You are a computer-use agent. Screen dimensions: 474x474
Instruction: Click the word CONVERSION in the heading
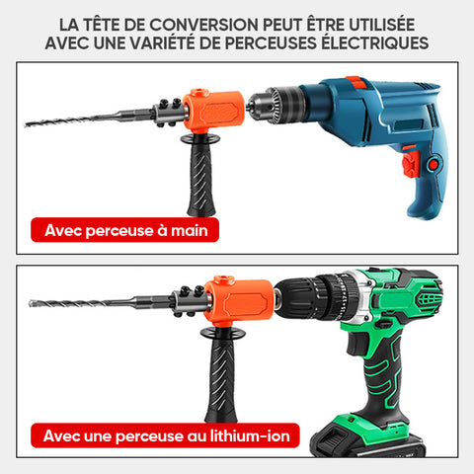pyautogui.click(x=203, y=25)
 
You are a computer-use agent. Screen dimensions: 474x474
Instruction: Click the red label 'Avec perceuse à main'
pyautogui.click(x=124, y=230)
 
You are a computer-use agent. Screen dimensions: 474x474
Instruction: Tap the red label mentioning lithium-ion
pyautogui.click(x=165, y=435)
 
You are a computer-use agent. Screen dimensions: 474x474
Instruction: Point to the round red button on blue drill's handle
pyautogui.click(x=434, y=164)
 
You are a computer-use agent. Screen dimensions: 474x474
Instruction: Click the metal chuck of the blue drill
pyautogui.click(x=276, y=105)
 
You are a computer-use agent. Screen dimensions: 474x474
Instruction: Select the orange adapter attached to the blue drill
pyautogui.click(x=213, y=111)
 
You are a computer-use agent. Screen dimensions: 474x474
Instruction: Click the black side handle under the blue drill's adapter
pyautogui.click(x=200, y=175)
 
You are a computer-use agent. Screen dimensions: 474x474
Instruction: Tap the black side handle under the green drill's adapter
pyautogui.click(x=222, y=375)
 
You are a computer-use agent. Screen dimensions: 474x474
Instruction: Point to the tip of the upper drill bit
pyautogui.click(x=26, y=124)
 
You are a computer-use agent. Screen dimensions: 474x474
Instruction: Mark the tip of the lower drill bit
pyautogui.click(x=31, y=303)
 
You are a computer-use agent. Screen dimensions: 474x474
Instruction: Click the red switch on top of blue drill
pyautogui.click(x=355, y=82)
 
